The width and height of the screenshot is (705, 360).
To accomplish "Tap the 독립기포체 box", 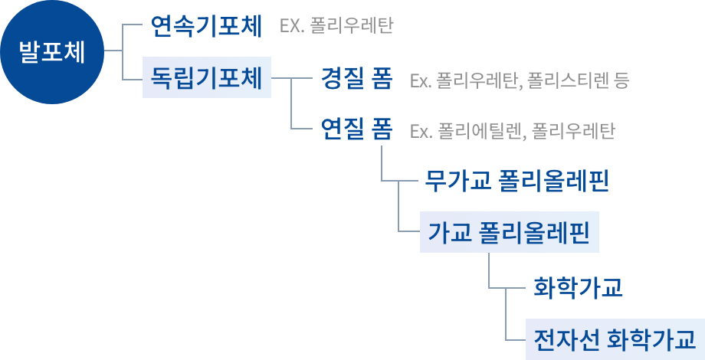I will click(207, 78).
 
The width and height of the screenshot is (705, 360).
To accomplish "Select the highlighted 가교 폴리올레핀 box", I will click(509, 232).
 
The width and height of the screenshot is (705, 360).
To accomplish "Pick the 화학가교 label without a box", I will click(578, 288).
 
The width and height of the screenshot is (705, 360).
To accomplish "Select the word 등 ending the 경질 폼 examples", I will click(621, 80).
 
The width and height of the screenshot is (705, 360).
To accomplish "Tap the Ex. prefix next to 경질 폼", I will click(421, 80).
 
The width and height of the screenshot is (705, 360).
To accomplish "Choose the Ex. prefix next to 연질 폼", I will click(421, 130).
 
